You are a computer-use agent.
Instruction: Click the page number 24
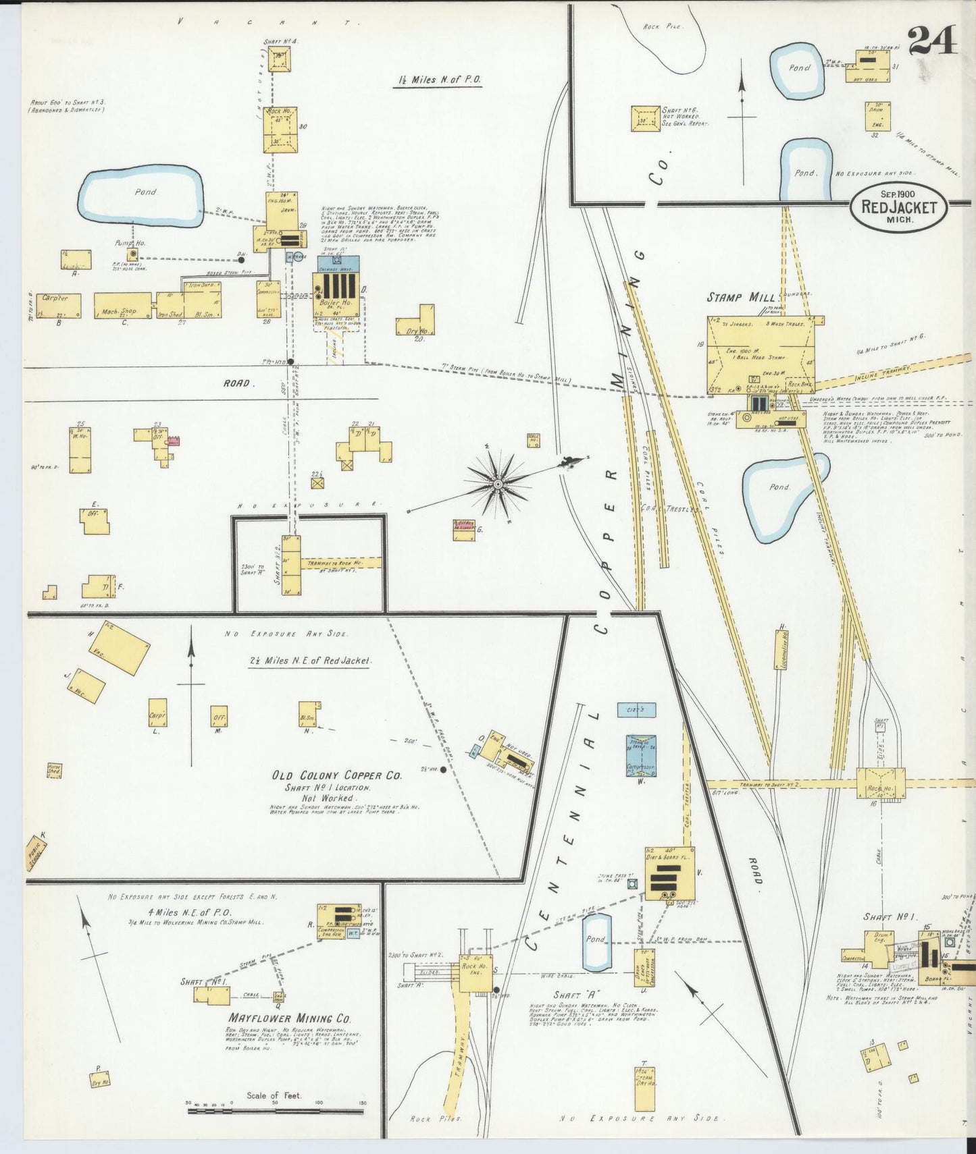point(932,40)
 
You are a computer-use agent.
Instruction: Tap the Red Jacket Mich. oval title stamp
point(899,207)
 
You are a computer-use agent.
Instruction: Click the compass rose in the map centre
point(498,483)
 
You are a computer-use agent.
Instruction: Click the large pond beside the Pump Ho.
point(140,196)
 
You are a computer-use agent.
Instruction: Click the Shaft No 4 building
point(279,61)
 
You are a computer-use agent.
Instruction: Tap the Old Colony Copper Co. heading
point(336,775)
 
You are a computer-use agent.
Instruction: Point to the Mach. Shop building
point(122,306)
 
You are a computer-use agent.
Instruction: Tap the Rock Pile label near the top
point(663,26)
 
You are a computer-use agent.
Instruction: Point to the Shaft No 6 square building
point(646,118)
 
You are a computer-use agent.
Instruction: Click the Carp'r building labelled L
point(157,713)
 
